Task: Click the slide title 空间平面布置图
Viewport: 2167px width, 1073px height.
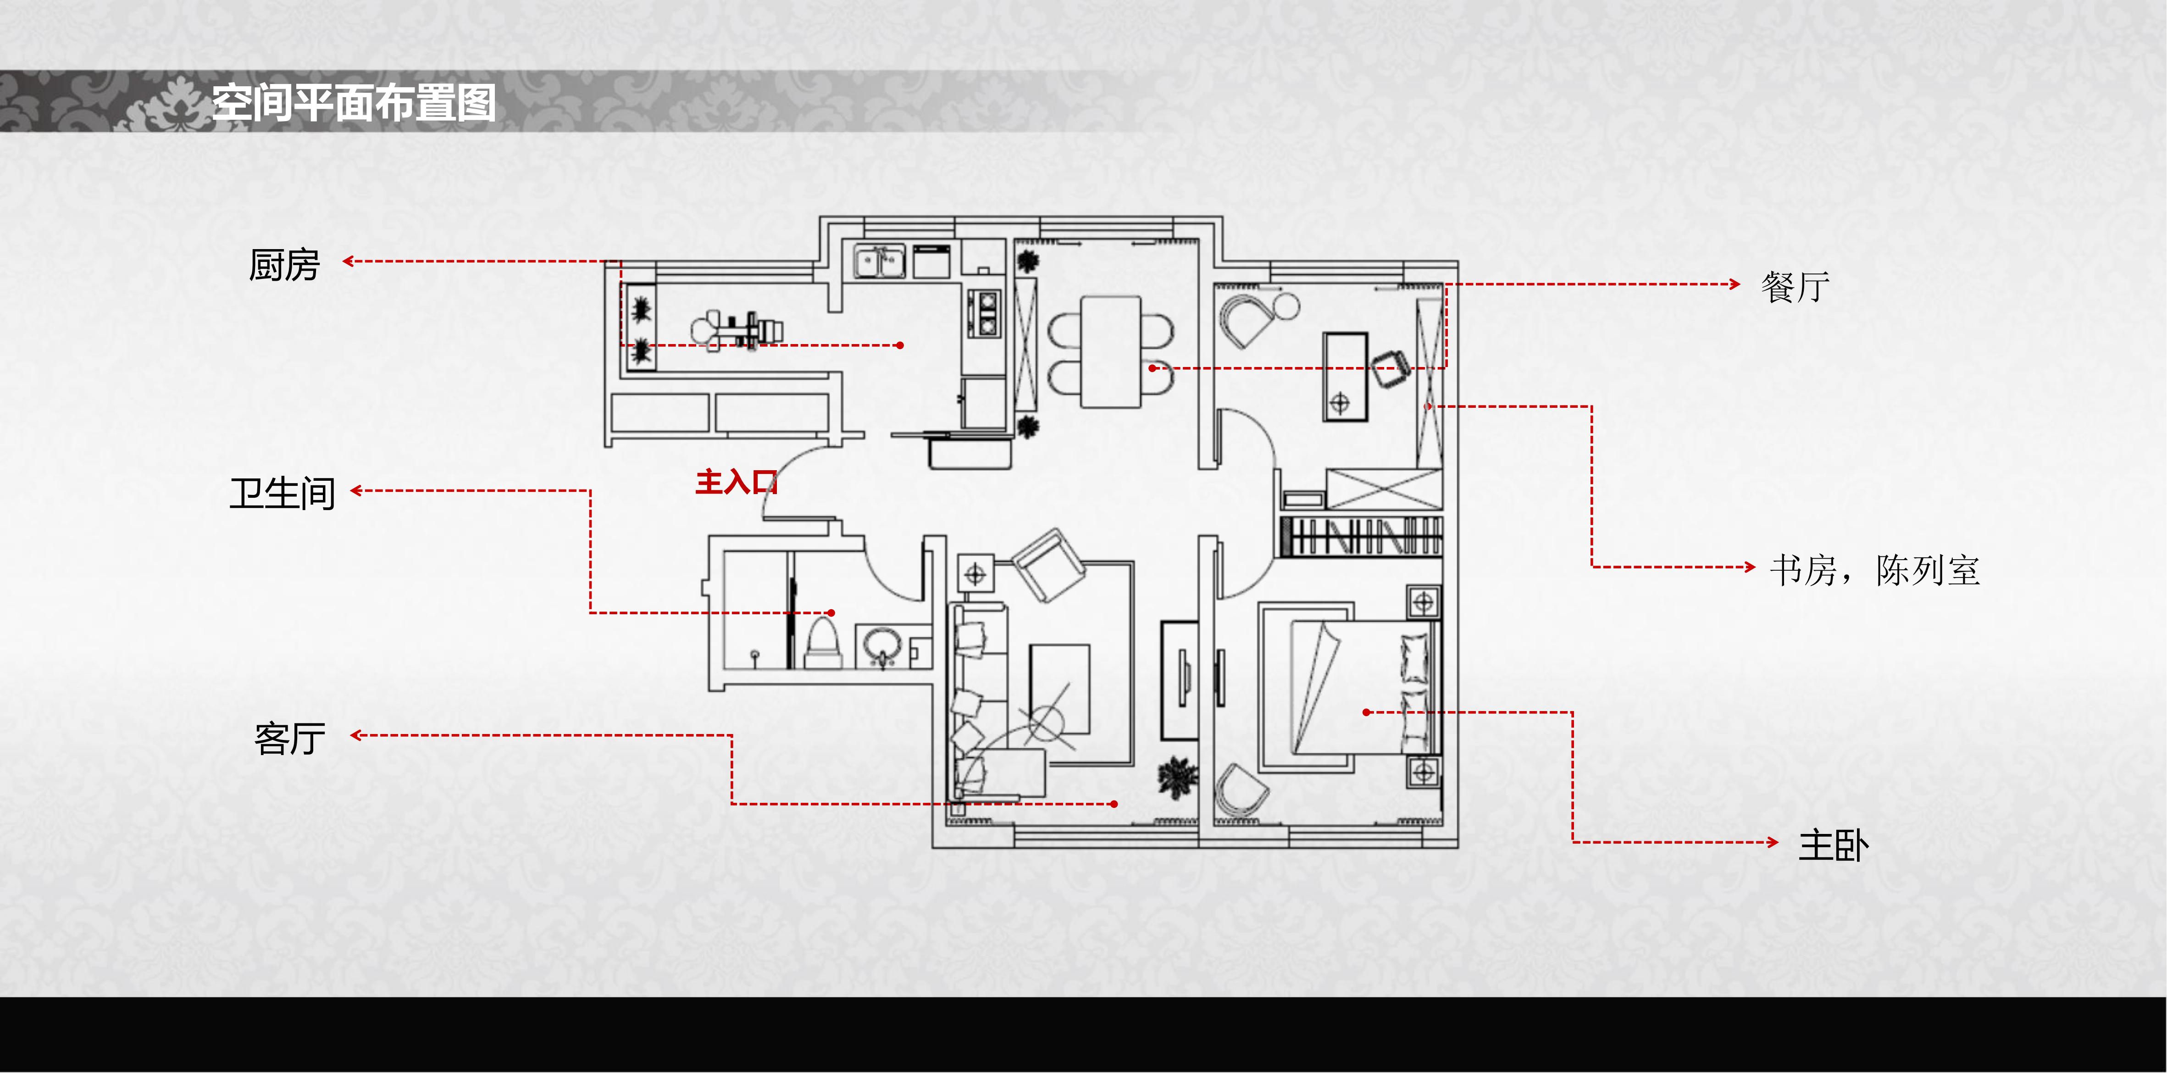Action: pos(353,103)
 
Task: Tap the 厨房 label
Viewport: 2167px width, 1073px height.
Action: pos(284,265)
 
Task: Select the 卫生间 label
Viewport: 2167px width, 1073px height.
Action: pos(283,493)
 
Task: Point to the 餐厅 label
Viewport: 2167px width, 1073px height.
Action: pos(1795,287)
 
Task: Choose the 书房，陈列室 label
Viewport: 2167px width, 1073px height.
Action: pos(1874,570)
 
